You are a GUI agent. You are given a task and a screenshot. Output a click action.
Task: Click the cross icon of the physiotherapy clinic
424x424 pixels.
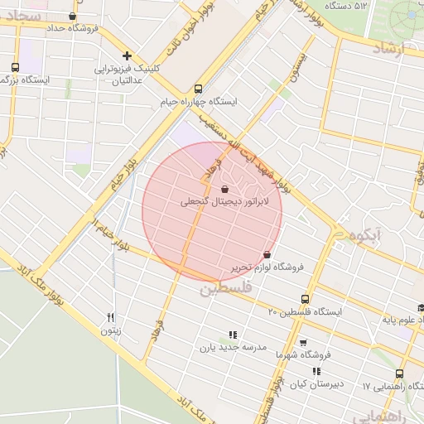(127, 55)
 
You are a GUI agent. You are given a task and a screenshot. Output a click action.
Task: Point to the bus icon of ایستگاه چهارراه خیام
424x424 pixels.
(198, 89)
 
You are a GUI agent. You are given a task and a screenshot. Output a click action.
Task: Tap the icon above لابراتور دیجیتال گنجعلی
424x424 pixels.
(225, 190)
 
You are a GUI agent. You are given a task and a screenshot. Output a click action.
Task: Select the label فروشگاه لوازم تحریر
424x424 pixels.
(267, 267)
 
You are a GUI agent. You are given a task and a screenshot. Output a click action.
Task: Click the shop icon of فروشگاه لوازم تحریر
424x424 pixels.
(267, 254)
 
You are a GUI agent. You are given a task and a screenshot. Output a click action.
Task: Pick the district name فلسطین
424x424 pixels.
(223, 290)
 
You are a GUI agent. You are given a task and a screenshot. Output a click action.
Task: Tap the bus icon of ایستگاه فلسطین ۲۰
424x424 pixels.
(306, 299)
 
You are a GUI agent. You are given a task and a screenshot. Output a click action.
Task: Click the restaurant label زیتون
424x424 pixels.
(110, 330)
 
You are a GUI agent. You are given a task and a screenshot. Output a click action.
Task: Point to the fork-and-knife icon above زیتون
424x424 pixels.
(110, 318)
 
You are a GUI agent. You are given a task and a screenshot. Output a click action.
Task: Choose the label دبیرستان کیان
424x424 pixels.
(315, 383)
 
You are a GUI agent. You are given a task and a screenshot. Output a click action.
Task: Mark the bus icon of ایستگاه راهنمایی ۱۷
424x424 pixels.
(400, 373)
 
